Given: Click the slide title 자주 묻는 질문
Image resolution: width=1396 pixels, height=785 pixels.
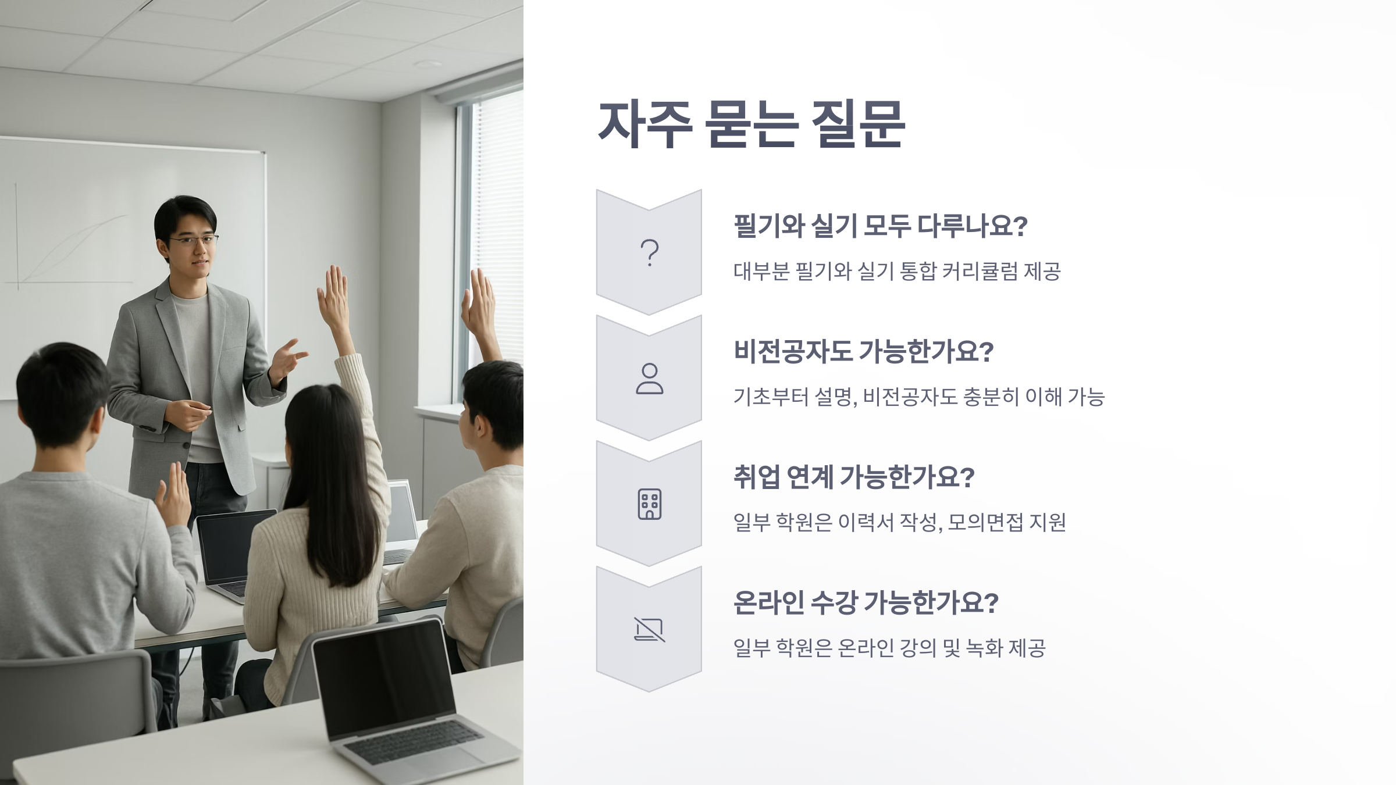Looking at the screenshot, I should pos(751,124).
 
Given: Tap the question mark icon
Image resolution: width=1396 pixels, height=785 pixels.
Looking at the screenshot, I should pos(649,253).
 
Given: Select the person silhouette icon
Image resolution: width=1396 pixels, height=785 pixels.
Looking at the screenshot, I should pos(649,379).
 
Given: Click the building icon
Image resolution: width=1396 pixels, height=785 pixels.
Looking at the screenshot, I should pos(649,504).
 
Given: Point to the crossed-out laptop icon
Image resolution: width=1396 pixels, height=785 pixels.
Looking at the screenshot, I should pos(649,630).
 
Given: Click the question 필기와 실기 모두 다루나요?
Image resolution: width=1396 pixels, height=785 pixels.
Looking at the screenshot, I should pos(880,226).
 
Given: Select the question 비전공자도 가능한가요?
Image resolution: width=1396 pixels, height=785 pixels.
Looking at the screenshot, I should pos(863,351).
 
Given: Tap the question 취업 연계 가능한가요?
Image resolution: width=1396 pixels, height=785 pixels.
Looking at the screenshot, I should pos(853,477).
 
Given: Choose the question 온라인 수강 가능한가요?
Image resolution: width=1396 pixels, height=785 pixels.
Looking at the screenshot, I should pos(866,602).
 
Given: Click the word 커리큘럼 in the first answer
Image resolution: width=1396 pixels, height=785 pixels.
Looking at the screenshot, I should pos(980,272).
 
